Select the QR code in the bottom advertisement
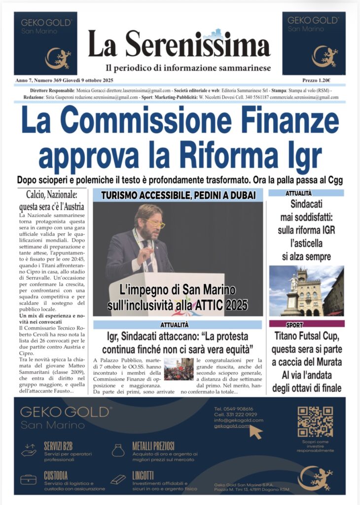coord(315,422)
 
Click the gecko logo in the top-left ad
coord(58,58)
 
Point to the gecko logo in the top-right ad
coord(324,56)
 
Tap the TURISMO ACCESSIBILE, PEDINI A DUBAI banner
coord(178,195)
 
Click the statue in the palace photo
coord(294,288)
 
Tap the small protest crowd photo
coord(179,369)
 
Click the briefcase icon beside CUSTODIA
coord(28,479)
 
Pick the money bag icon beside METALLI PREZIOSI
coord(118,450)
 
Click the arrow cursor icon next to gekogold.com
coord(256,432)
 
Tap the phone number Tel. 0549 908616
coord(234,409)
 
